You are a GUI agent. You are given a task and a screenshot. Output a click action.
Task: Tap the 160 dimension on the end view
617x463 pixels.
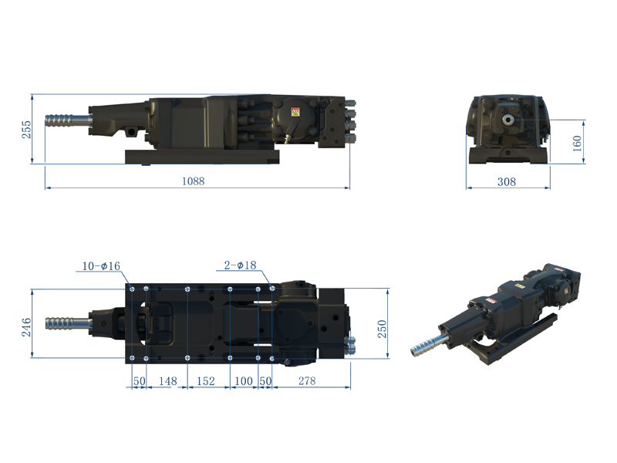[x=578, y=143]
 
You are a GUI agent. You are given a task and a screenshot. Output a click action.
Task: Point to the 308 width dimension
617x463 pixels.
[x=507, y=182]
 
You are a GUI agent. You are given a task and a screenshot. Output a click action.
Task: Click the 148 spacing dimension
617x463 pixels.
[x=167, y=381]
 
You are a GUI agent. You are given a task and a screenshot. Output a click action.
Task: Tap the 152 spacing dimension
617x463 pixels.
[x=206, y=381]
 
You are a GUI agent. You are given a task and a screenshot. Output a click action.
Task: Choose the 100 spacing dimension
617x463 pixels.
[x=244, y=381]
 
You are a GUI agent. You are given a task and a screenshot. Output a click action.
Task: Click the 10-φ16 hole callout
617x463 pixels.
[x=102, y=266]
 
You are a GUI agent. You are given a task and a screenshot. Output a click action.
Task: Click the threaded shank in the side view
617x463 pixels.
[x=67, y=121]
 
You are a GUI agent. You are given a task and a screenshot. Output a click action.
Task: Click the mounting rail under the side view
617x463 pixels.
[x=203, y=157]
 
